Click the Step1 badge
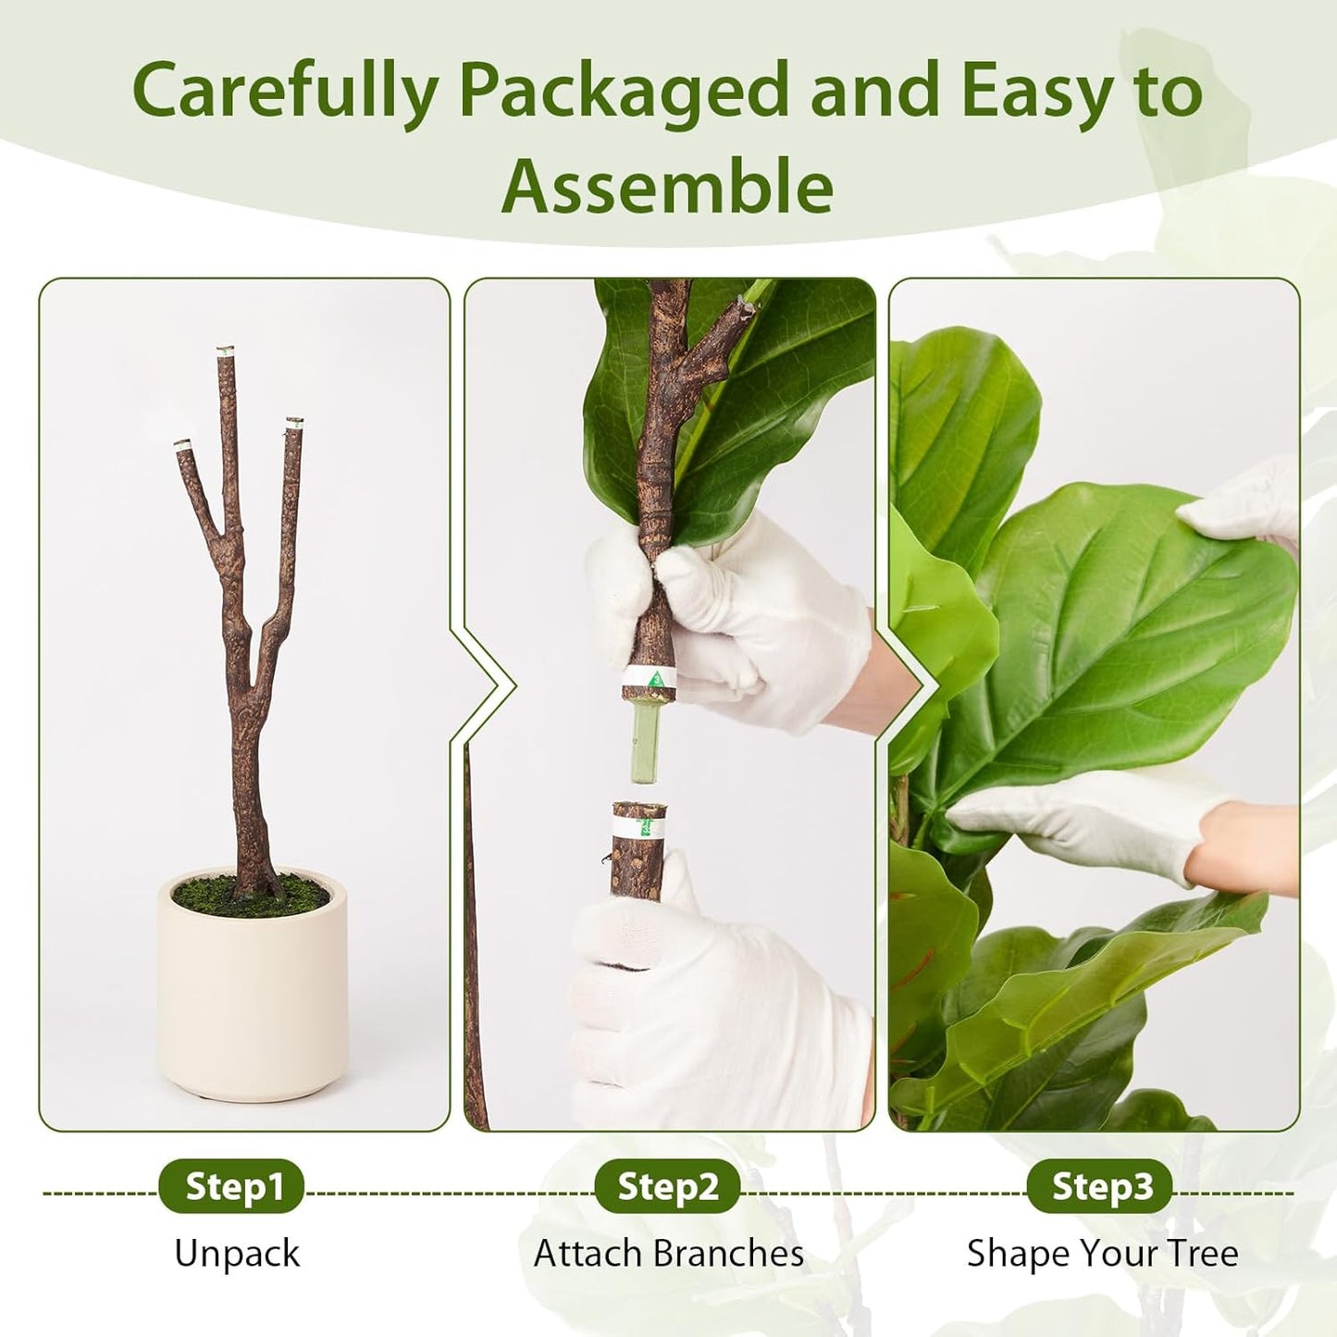click(x=231, y=1186)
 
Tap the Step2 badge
click(x=667, y=1186)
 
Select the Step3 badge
click(x=1100, y=1186)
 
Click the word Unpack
click(x=237, y=1254)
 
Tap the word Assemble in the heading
click(x=667, y=187)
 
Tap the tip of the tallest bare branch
click(x=225, y=353)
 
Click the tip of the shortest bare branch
click(x=181, y=445)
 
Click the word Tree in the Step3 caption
click(x=1203, y=1254)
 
